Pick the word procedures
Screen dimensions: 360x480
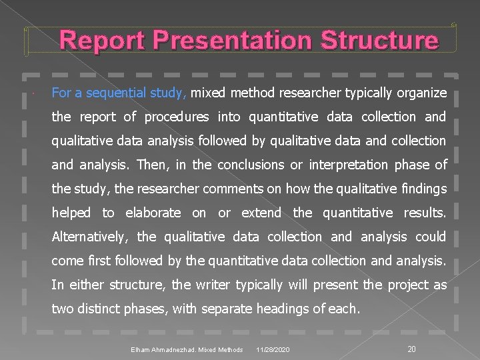(x=177, y=117)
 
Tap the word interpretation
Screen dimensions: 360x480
(x=358, y=165)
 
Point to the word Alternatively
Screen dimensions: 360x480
(x=89, y=237)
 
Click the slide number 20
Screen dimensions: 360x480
(x=411, y=349)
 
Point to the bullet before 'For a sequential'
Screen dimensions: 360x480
(x=33, y=93)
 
